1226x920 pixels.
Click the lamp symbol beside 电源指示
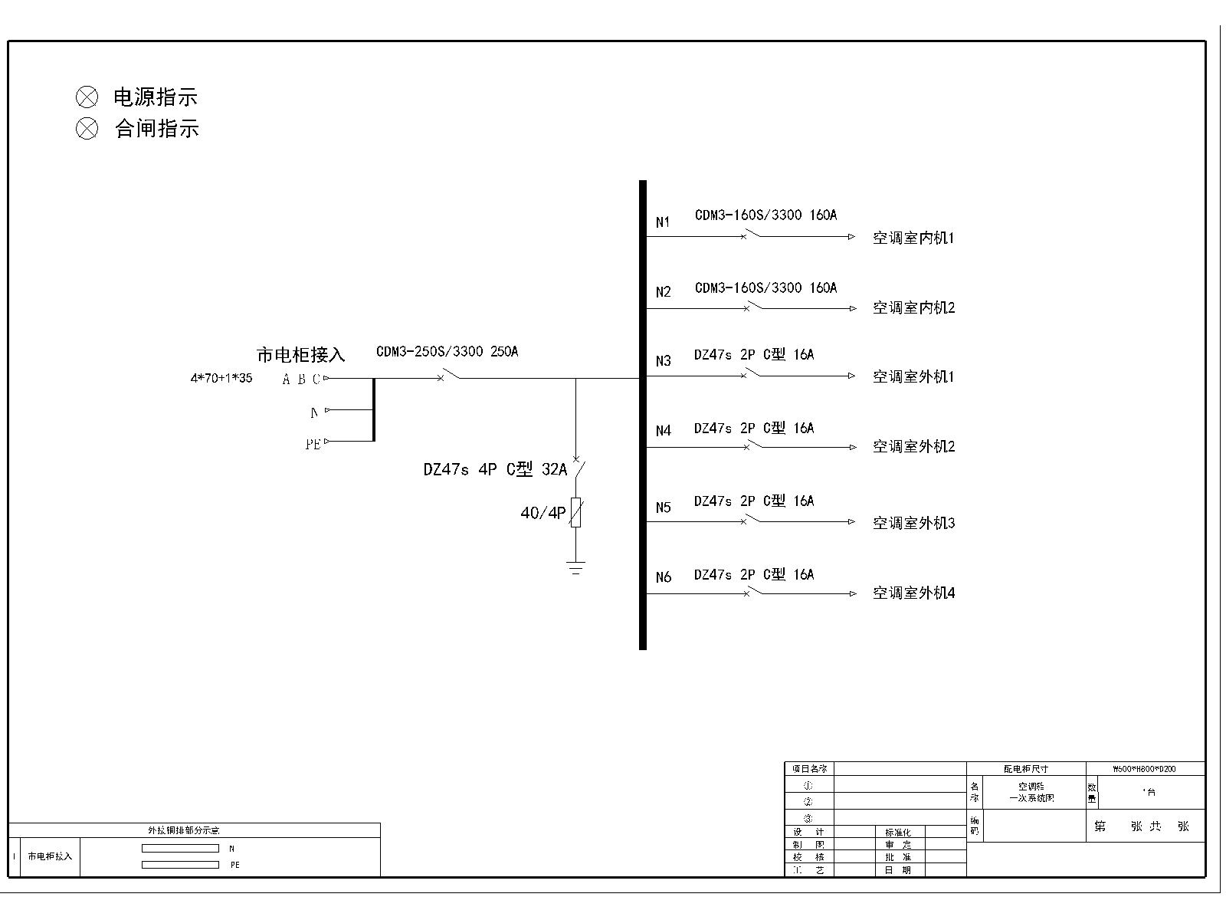click(87, 97)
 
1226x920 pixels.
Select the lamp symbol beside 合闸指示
click(87, 128)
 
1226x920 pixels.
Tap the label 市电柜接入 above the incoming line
click(300, 355)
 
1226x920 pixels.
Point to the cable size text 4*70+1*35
click(221, 378)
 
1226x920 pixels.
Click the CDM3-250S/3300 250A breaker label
click(447, 352)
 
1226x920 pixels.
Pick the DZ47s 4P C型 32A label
click(495, 469)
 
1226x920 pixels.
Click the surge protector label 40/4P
click(543, 513)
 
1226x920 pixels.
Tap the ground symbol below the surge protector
click(576, 568)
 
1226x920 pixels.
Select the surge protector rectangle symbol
click(576, 512)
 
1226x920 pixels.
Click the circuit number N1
click(663, 222)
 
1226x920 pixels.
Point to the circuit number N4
click(663, 431)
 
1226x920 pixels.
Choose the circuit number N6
click(663, 577)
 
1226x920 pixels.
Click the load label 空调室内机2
click(913, 308)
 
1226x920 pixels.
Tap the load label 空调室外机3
click(913, 524)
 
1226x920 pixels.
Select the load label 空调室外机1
click(913, 377)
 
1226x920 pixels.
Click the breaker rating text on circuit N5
click(754, 501)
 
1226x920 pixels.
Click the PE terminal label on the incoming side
click(313, 445)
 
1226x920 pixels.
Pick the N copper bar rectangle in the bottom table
click(180, 849)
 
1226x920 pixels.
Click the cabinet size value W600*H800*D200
click(1145, 769)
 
